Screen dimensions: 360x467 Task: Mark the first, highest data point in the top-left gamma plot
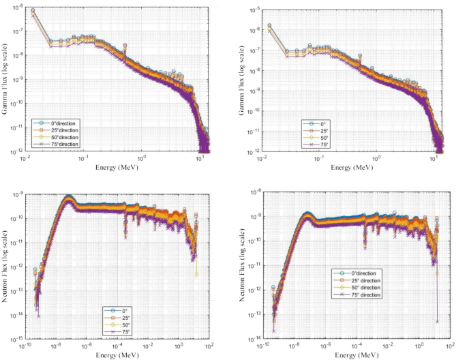point(32,10)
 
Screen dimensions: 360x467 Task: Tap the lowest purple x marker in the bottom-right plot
point(436,321)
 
